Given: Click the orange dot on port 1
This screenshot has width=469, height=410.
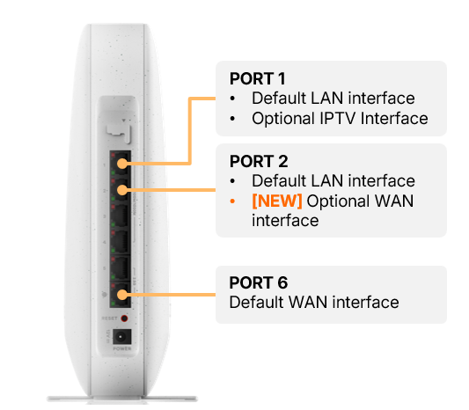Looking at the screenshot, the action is point(122,164).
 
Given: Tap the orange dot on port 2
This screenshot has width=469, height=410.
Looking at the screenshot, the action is point(122,190).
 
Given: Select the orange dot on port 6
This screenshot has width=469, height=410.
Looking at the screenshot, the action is point(122,295).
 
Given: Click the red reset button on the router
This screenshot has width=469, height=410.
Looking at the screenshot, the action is point(124,318).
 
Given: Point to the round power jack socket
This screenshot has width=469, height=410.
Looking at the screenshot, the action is point(121,337).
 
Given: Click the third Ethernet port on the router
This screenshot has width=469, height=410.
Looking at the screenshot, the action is point(121,216).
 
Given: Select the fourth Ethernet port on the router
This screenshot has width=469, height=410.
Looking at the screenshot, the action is point(121,242).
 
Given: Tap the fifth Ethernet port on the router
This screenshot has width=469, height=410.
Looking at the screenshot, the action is point(121,268).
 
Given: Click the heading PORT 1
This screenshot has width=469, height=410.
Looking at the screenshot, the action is point(257,78).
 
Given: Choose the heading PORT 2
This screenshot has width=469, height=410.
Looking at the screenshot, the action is point(259,162).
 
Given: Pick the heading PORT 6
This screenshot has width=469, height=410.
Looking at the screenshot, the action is point(259,282).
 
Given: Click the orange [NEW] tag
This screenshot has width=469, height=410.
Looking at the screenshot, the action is point(277,201).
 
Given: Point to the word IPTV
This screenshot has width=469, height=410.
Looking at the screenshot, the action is point(338,119).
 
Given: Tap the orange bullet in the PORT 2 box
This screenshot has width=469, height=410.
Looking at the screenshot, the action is point(232,201).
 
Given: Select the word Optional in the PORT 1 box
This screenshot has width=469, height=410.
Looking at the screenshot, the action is point(283,119).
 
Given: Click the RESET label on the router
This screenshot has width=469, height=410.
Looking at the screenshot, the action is point(109,318).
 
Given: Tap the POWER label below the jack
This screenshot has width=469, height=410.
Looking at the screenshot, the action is point(122,348).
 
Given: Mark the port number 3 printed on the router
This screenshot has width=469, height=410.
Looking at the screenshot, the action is point(105,216).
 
